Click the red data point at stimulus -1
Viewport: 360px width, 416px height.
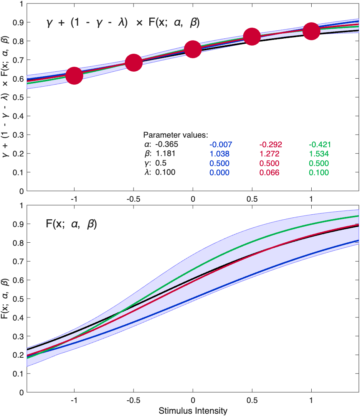tap(74, 76)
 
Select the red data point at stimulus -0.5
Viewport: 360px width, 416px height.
tap(134, 62)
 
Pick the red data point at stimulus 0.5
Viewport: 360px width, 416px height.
tap(252, 36)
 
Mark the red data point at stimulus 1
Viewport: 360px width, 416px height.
tap(311, 31)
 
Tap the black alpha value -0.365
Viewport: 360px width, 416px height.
tap(167, 145)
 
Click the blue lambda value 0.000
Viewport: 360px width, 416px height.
tap(220, 173)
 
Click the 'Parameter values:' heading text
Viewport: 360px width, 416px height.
tap(175, 135)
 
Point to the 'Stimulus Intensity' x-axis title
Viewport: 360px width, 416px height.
tap(193, 411)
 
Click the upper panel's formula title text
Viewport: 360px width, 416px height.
tap(122, 23)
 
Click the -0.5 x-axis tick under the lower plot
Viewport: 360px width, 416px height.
tap(134, 400)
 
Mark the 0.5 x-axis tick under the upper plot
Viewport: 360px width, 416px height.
tap(252, 199)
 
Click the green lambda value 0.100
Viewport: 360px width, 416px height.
tap(319, 173)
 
